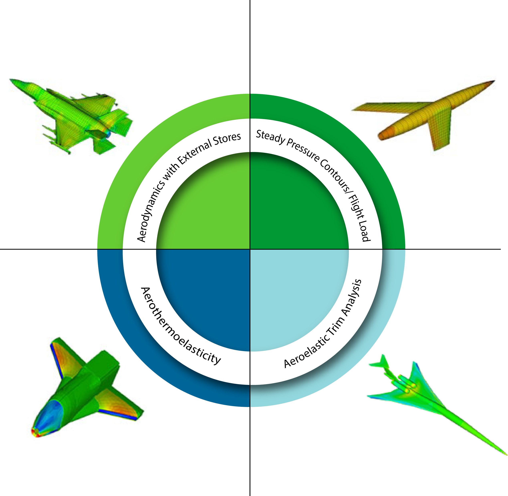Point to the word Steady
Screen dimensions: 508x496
(271, 136)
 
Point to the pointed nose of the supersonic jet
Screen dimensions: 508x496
(506, 455)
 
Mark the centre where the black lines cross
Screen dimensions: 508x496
(250, 249)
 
